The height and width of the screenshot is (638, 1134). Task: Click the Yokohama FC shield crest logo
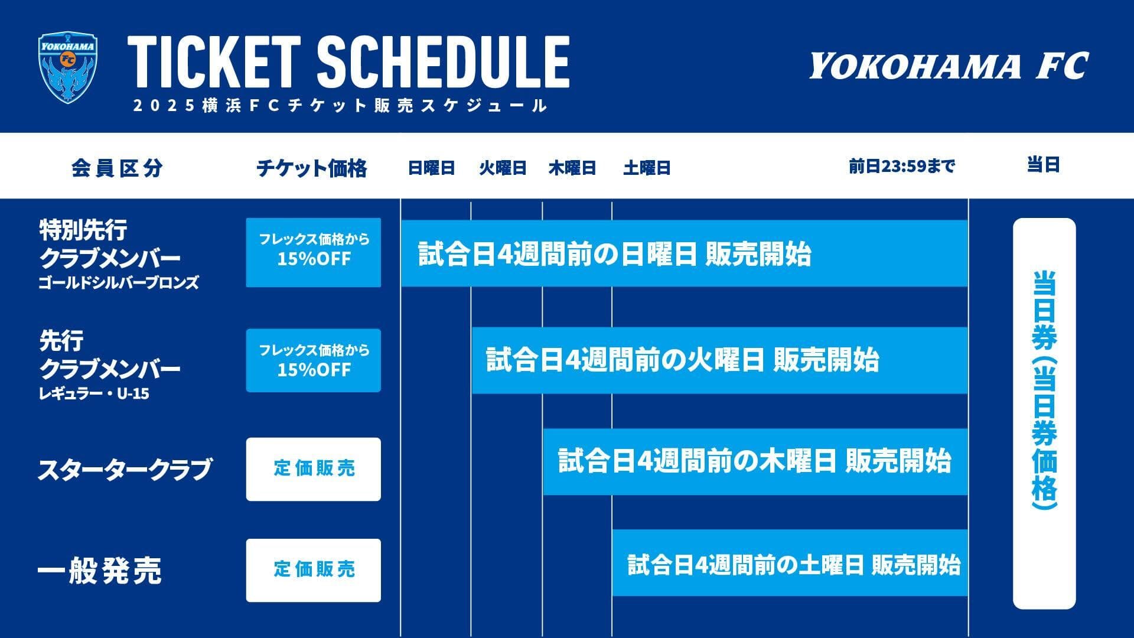click(x=68, y=67)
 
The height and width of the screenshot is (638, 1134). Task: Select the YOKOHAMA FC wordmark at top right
click(x=948, y=66)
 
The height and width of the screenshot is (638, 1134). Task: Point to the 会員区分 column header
click(x=117, y=168)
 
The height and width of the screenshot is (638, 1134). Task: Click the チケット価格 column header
click(x=311, y=168)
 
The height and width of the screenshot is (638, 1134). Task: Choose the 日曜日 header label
click(x=431, y=168)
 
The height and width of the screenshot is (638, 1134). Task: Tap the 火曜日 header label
click(x=503, y=168)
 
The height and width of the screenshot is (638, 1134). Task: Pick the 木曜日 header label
click(x=572, y=168)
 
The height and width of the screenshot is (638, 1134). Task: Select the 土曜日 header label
click(x=647, y=168)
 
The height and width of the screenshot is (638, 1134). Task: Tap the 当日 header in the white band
click(x=1044, y=165)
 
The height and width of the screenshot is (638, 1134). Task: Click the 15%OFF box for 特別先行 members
click(x=314, y=252)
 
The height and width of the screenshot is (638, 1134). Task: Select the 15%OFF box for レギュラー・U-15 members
click(x=314, y=360)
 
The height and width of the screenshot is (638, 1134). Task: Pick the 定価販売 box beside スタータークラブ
click(x=314, y=469)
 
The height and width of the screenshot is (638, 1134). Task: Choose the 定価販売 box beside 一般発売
click(x=314, y=570)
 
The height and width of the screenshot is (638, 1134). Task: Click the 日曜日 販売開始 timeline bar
click(x=684, y=253)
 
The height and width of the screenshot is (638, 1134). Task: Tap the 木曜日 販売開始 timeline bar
click(x=755, y=461)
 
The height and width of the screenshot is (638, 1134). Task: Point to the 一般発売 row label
click(x=99, y=571)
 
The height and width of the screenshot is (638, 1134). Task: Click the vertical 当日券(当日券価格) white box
click(x=1044, y=414)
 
